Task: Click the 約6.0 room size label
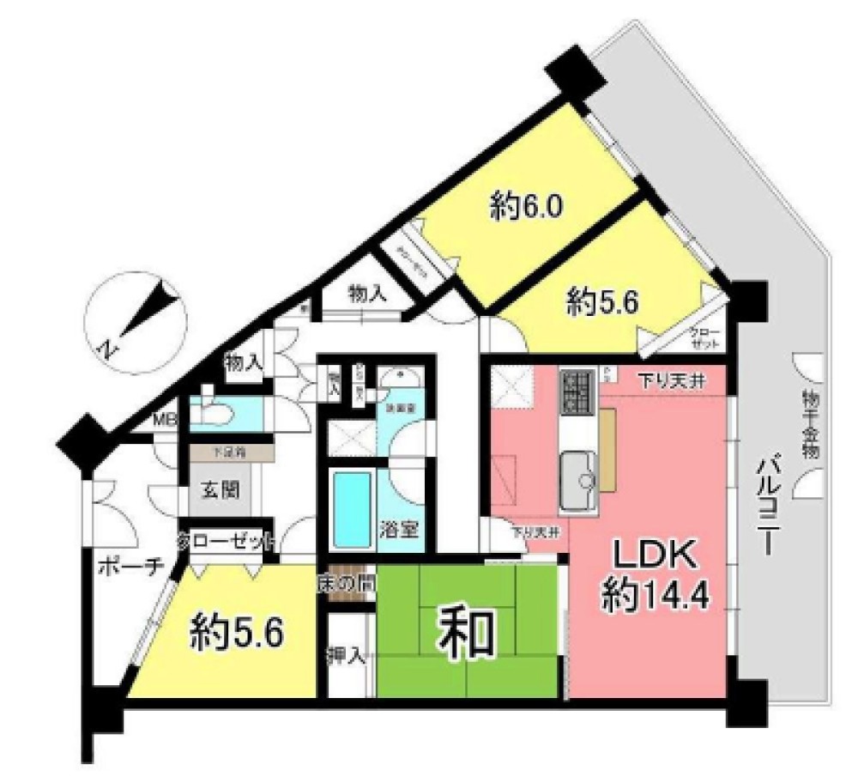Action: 527,207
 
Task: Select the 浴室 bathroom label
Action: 400,527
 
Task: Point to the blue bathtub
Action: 351,510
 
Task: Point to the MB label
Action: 164,421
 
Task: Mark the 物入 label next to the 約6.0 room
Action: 366,294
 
